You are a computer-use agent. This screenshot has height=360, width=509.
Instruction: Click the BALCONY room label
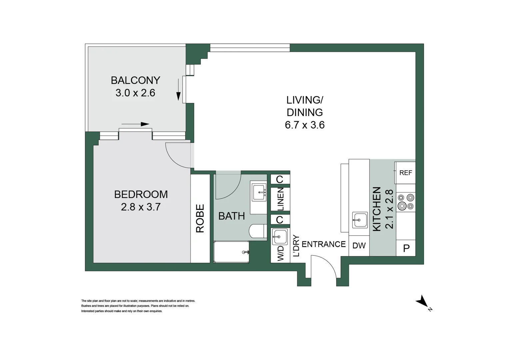[135, 80]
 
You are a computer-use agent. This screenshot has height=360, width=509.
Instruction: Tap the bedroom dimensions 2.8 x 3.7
[141, 207]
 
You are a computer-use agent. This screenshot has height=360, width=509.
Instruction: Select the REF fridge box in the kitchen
[405, 173]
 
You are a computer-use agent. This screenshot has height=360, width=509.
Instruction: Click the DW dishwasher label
[359, 246]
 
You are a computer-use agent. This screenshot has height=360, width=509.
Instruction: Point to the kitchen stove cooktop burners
[406, 202]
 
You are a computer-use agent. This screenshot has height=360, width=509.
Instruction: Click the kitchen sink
[360, 220]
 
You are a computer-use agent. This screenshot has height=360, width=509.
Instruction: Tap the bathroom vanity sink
[259, 192]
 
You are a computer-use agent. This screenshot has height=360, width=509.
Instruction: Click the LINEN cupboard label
[280, 199]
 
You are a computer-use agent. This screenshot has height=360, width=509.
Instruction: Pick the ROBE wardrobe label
[200, 218]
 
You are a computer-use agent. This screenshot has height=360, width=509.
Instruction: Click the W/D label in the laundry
[280, 253]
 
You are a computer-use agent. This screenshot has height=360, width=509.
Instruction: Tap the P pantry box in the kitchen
[406, 248]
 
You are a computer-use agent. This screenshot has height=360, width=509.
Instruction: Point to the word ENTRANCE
[323, 244]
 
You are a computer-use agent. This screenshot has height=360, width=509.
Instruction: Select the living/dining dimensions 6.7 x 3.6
[304, 125]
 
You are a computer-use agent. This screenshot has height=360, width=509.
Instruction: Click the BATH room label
[231, 216]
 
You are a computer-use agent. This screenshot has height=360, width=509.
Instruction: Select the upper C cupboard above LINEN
[280, 179]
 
